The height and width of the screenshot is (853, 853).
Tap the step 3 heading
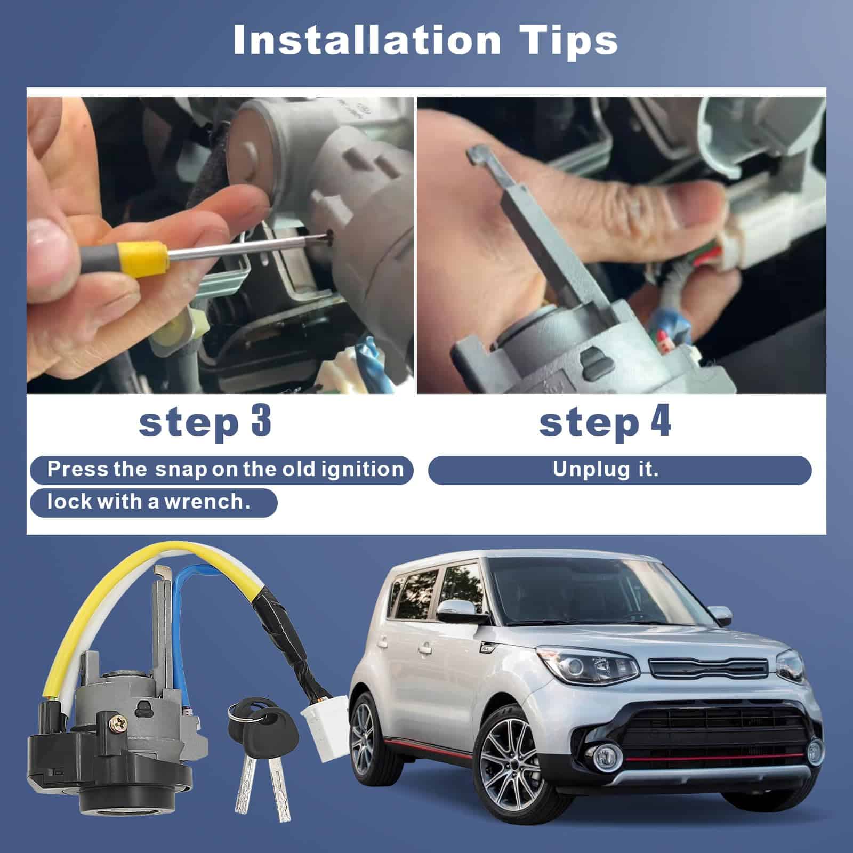[205, 422]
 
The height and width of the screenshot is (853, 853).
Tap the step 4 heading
[605, 422]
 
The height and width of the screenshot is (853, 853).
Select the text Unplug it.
[605, 470]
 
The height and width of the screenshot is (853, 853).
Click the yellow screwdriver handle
[142, 255]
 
